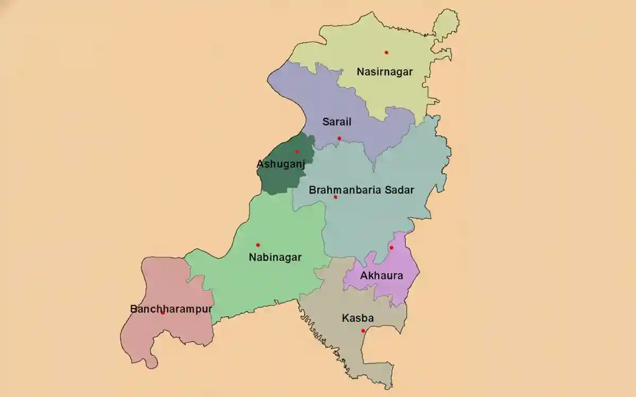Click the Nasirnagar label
(x=384, y=71)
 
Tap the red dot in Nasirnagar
(x=386, y=52)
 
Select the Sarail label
(x=337, y=122)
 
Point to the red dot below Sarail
(x=339, y=139)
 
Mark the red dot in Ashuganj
(x=297, y=152)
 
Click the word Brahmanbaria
(x=340, y=190)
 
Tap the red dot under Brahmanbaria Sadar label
(x=335, y=197)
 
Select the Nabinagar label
(x=275, y=258)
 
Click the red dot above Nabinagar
(x=258, y=245)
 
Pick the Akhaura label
(x=381, y=276)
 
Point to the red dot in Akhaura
(x=391, y=248)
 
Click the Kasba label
(x=358, y=319)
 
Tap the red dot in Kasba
(x=363, y=331)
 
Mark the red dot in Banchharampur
(x=163, y=313)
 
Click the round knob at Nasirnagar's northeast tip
(x=446, y=23)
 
